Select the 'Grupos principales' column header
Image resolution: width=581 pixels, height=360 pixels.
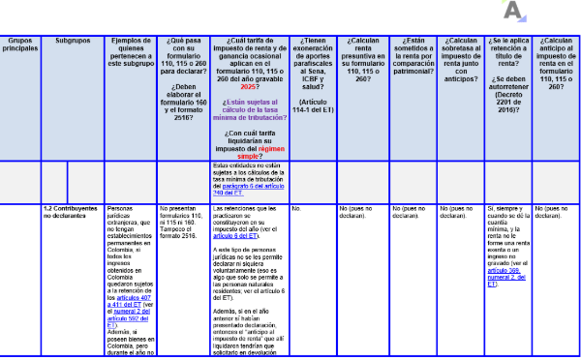point(19,45)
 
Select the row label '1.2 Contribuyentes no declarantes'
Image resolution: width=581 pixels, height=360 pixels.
point(71,211)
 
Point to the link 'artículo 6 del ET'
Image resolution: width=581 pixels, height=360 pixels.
point(239,235)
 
